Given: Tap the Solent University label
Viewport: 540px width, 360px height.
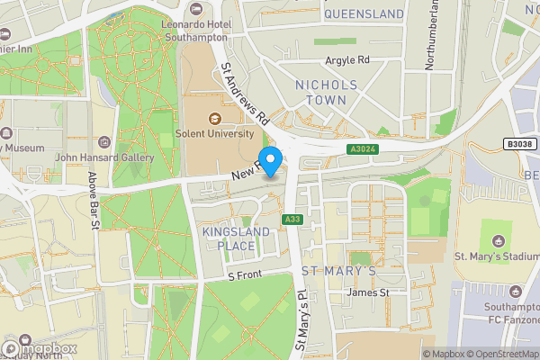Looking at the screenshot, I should (217, 135).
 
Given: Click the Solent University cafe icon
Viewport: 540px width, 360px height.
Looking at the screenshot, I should (215, 118).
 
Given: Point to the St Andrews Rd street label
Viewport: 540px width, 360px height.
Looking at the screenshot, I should (244, 92).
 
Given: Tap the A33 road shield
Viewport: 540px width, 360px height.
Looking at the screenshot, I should (291, 220).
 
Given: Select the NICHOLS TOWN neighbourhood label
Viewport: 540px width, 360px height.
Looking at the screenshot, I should (327, 92).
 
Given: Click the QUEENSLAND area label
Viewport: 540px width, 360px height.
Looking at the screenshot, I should (364, 14).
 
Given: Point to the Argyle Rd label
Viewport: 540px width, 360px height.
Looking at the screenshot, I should (346, 61).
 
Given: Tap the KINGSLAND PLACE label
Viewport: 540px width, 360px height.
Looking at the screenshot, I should (230, 238).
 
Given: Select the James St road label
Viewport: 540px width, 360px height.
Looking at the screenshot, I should (369, 292).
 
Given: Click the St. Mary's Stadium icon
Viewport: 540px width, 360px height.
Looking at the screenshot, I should (497, 242).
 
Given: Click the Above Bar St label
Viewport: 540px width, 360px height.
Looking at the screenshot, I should (93, 200).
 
